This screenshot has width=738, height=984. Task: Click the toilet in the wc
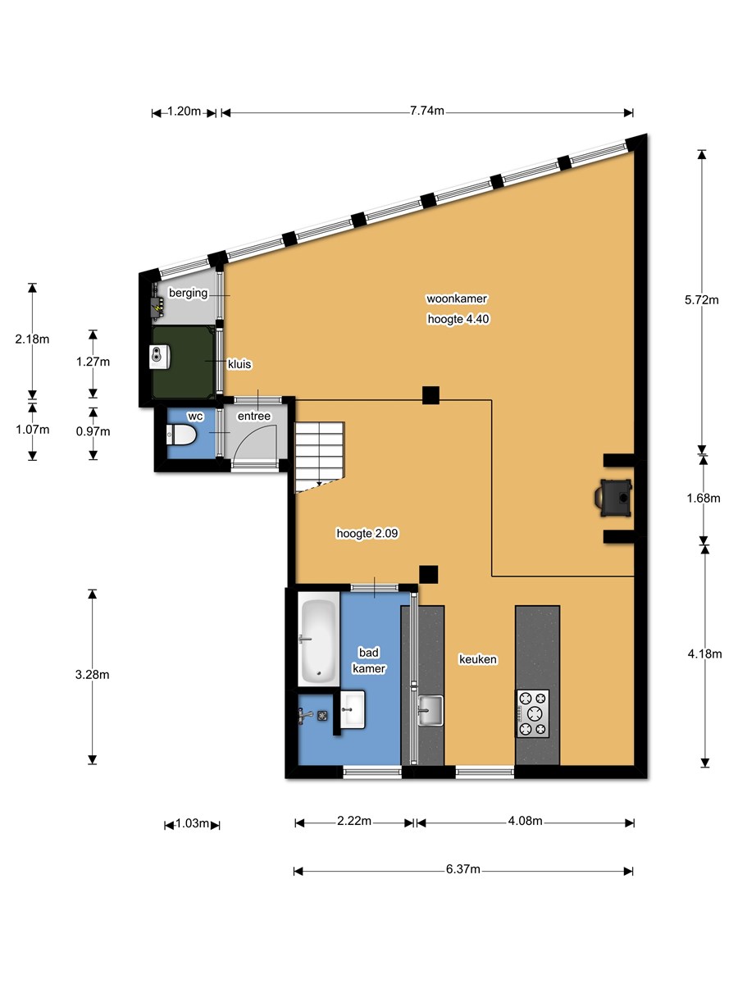point(181,435)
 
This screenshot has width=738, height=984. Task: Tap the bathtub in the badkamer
point(319,640)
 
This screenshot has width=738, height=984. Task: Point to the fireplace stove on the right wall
point(614,498)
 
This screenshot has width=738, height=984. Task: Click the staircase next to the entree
point(319,458)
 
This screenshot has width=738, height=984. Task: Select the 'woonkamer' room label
point(456,298)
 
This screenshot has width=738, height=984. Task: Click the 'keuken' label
point(478,659)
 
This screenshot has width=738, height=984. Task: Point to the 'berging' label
point(189,294)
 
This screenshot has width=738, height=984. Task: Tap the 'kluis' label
point(239,364)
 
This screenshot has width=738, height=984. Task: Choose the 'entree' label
point(254,416)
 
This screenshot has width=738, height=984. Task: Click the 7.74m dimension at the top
point(426,111)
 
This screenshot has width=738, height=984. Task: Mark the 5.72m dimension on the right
point(701,300)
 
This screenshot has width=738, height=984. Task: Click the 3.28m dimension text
point(93,675)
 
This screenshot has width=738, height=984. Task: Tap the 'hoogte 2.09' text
point(367,534)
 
